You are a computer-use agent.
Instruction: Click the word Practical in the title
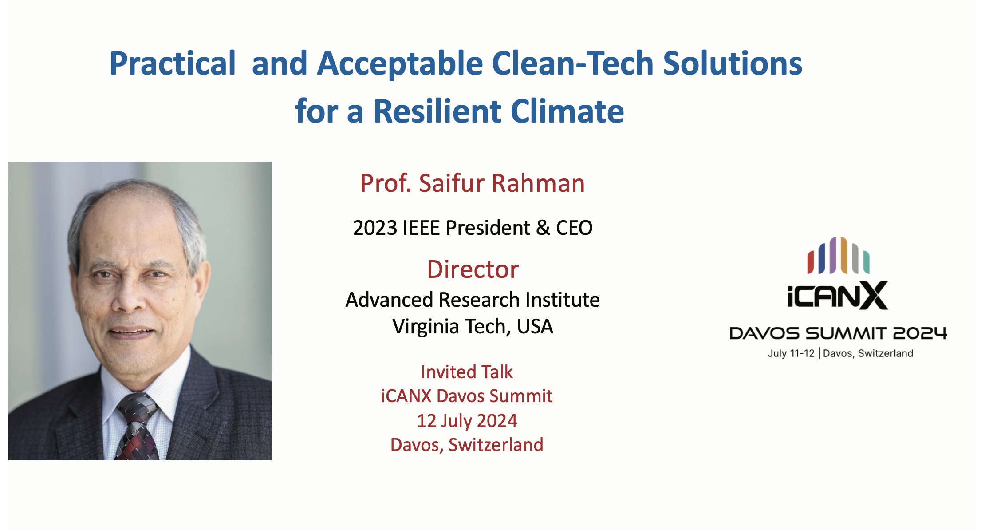coord(173,63)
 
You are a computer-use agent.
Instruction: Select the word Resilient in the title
coord(437,111)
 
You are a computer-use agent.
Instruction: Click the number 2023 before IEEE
coord(375,228)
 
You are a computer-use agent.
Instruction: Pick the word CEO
coord(574,228)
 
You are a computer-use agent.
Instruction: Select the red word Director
coord(473,269)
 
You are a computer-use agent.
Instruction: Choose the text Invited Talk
coord(467,372)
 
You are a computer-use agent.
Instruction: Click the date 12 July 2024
coord(467,420)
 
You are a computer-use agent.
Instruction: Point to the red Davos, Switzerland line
coord(467,445)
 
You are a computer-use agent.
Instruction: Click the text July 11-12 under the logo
coord(791,353)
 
